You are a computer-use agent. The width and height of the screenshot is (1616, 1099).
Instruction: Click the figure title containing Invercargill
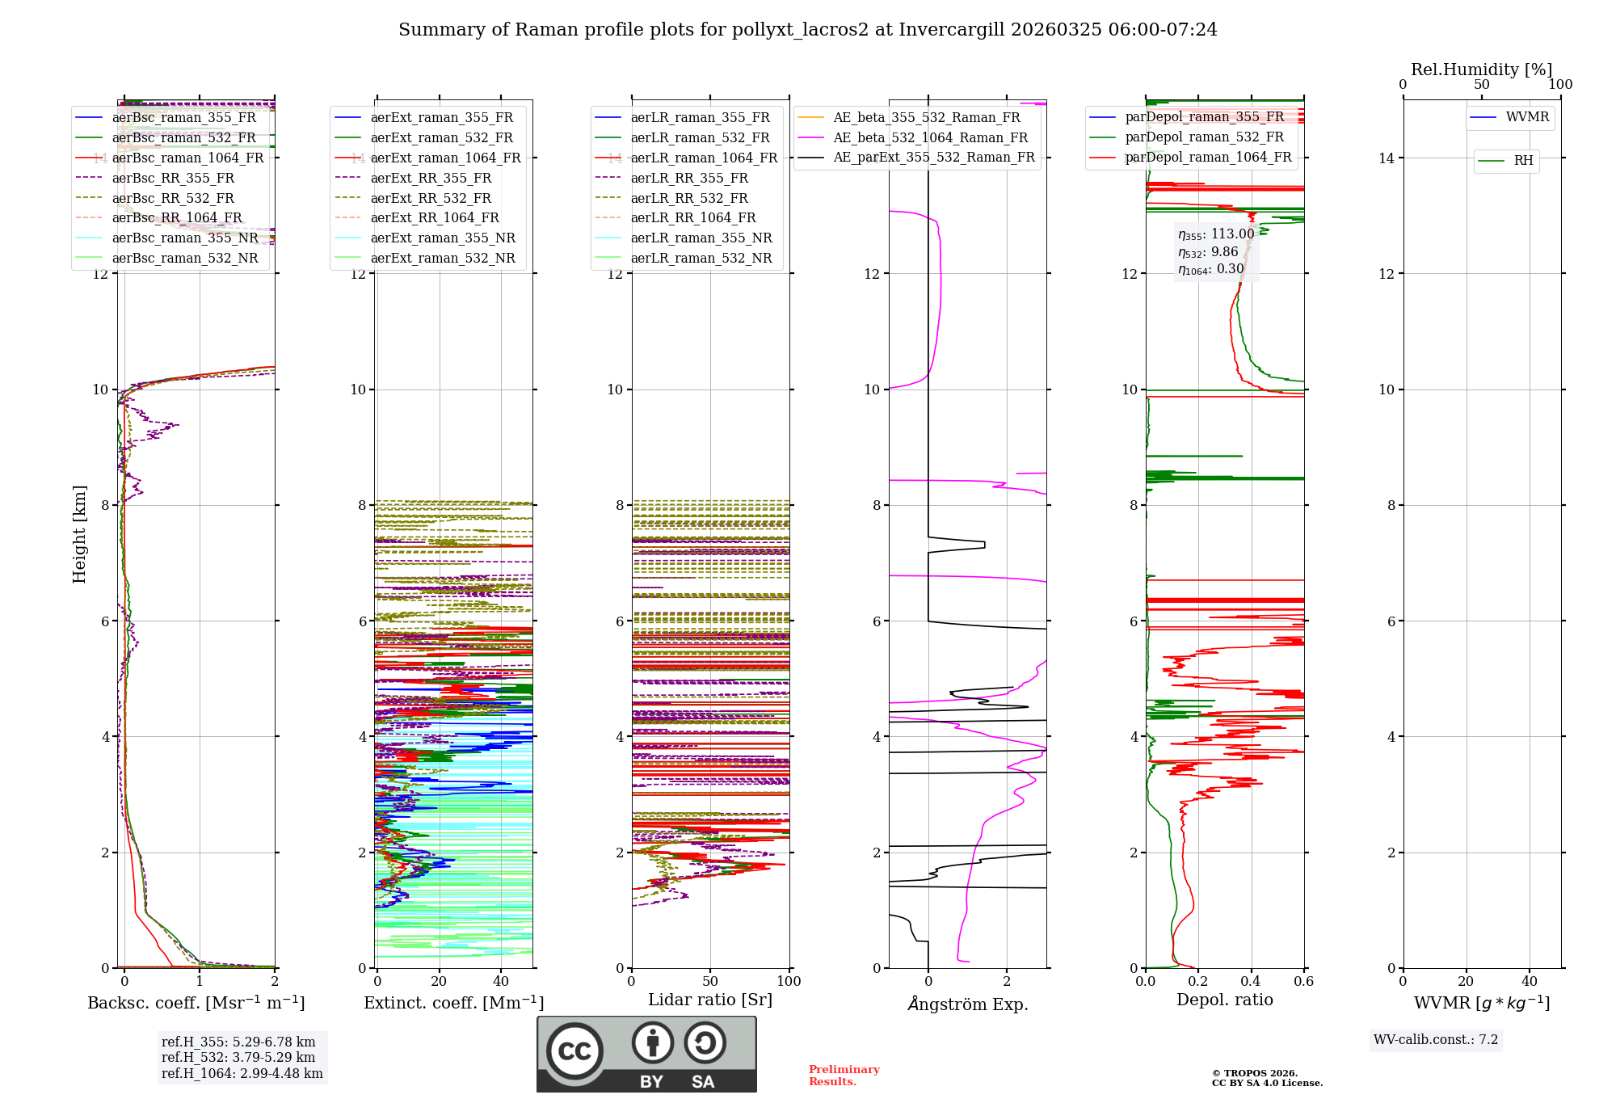[807, 30]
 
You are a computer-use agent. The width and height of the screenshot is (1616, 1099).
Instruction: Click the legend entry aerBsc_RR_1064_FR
[176, 218]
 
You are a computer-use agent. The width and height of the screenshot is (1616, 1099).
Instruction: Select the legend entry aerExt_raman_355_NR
[442, 238]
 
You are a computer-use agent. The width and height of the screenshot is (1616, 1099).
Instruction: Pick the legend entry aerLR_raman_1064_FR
[703, 158]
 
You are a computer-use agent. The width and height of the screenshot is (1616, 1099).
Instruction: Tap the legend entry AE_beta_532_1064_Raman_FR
[930, 138]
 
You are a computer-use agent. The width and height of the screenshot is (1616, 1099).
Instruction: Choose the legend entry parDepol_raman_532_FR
[1204, 137]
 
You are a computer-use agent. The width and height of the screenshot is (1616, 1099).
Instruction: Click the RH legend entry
[1523, 161]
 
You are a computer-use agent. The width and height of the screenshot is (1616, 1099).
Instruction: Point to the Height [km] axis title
[79, 533]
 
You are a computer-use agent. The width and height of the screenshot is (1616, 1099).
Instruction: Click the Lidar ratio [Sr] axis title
[710, 1000]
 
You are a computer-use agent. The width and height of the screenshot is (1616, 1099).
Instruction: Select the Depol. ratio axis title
[1224, 1000]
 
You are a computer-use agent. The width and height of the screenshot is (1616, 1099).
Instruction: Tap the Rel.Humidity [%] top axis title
[1481, 69]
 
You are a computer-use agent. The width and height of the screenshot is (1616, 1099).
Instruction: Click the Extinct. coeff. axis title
[453, 1003]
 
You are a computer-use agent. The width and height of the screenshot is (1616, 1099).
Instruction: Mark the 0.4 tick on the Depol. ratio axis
[1251, 982]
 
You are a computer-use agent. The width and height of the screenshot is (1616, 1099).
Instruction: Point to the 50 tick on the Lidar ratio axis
[710, 982]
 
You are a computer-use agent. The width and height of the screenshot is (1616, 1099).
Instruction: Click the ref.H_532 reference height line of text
[238, 1058]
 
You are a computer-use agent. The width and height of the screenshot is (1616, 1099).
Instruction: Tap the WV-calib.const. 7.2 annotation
[1436, 1040]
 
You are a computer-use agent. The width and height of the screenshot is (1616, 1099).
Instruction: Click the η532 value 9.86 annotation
[1208, 252]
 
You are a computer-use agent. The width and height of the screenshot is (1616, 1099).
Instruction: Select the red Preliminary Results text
[844, 1076]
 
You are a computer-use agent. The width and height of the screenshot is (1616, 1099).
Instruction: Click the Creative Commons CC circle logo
[574, 1051]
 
